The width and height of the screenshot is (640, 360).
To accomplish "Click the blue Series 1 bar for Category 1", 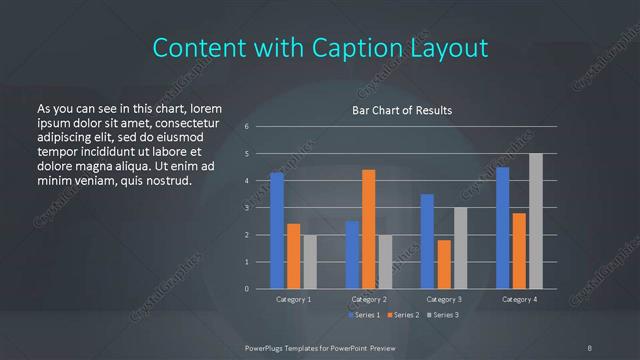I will click(277, 230).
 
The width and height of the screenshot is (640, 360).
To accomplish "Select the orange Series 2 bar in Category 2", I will click(369, 229).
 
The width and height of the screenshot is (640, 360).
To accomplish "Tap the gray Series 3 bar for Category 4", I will click(536, 221).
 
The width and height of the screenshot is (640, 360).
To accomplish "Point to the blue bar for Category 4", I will click(503, 228).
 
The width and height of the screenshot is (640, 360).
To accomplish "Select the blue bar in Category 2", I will click(352, 255).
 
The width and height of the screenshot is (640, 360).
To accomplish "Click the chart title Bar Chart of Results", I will click(403, 110).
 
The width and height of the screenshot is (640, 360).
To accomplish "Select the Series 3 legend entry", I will click(443, 315).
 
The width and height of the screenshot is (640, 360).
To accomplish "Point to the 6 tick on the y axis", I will click(246, 127).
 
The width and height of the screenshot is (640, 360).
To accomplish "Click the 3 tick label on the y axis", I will click(246, 208).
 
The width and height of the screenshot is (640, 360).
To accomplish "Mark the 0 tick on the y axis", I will click(246, 289).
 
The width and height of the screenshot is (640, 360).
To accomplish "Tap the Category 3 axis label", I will click(444, 299).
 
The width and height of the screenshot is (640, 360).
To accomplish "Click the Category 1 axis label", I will click(293, 299).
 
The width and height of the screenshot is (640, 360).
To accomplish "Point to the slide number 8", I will click(589, 347).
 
